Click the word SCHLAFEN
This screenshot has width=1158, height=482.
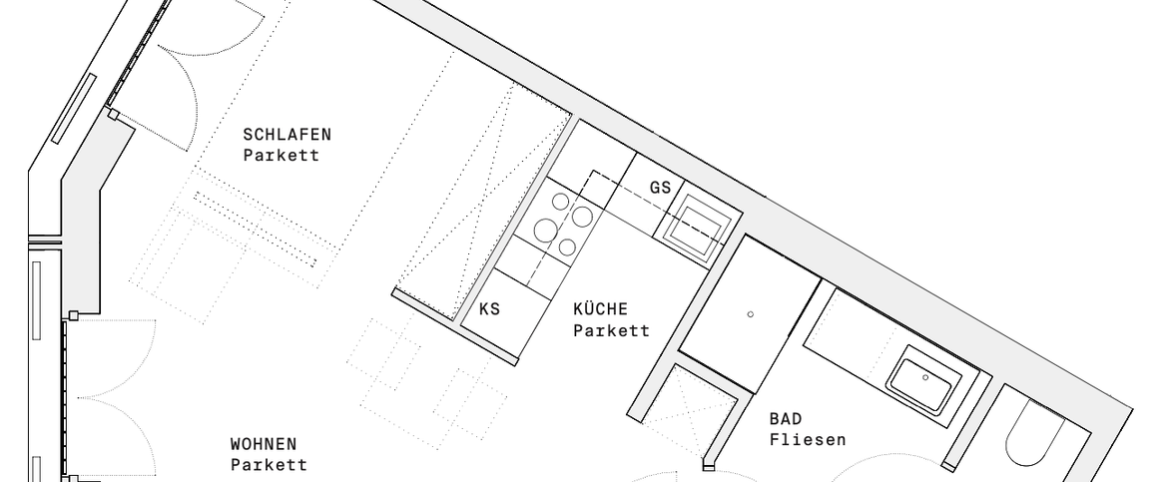(x=287, y=134)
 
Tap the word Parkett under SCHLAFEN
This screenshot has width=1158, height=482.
(x=281, y=155)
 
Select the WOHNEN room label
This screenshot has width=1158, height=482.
(x=264, y=444)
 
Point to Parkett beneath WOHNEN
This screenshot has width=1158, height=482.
(x=264, y=465)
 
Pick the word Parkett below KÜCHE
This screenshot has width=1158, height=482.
(x=611, y=330)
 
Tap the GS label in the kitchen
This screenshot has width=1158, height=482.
(x=660, y=188)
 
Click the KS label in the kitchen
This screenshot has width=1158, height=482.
(x=489, y=309)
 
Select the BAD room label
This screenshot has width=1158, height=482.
(x=786, y=418)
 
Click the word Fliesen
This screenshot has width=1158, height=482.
(x=808, y=439)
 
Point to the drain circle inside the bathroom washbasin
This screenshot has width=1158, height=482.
(x=925, y=377)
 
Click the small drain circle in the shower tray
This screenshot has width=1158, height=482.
(x=751, y=315)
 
